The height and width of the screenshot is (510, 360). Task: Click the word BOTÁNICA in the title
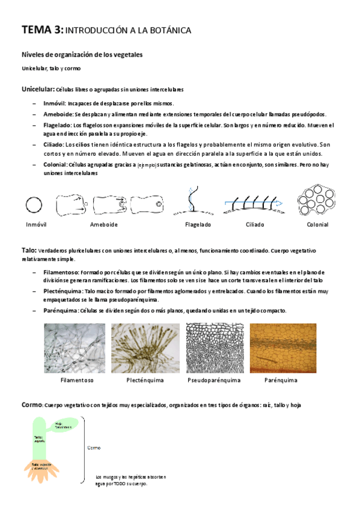point(169,29)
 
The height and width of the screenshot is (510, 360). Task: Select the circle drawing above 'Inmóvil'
point(34,205)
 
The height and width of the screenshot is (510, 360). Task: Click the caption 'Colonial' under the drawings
point(317,224)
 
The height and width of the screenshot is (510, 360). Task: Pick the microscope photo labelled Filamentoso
point(75,348)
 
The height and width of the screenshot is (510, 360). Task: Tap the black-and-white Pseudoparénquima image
point(214,348)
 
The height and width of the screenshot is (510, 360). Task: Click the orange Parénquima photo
point(282,348)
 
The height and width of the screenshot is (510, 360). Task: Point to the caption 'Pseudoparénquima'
point(214,381)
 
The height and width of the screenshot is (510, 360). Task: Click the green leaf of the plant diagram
point(64,425)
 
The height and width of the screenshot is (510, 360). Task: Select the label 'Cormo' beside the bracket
point(94,448)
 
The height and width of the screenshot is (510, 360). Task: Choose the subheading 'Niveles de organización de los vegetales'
point(82,55)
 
